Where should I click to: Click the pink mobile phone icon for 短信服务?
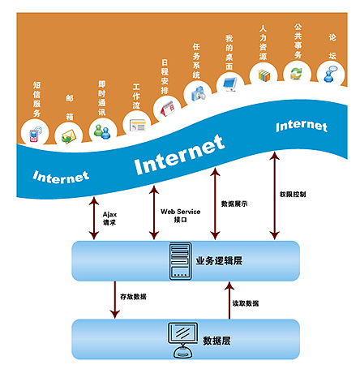point(35,134)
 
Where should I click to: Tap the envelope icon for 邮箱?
point(69,136)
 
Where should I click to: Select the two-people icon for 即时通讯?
point(102,131)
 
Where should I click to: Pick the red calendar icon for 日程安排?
point(168,109)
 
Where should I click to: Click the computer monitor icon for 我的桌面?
point(229,84)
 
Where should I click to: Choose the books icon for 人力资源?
point(264,75)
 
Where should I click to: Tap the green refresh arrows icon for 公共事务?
point(297,73)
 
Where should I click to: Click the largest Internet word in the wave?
point(179,155)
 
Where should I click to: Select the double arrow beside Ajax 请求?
point(94,218)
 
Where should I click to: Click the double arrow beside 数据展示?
point(215,204)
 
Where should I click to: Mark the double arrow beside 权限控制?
point(275,195)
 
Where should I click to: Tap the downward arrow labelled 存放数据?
point(115,299)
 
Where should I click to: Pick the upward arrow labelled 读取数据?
point(229,300)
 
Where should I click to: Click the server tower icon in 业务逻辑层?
point(180,261)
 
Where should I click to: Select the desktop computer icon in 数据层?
point(183,341)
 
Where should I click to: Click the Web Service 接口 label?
point(180,216)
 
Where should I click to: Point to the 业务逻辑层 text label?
point(219,261)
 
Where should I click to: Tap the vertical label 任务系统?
point(196,61)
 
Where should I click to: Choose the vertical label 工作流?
point(136,96)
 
